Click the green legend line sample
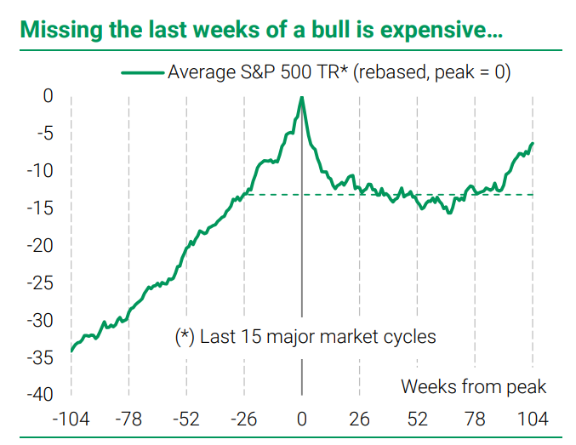click(x=142, y=73)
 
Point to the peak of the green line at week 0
click(x=302, y=98)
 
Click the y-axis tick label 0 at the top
click(x=48, y=96)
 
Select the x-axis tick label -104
click(x=71, y=419)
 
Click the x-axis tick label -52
click(x=186, y=419)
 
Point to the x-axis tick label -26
click(x=244, y=419)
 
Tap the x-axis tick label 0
click(x=302, y=419)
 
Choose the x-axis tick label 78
click(x=476, y=419)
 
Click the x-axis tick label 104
click(x=533, y=419)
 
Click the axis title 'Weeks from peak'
click(x=474, y=386)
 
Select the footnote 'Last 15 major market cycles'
click(x=317, y=336)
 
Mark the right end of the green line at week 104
click(x=533, y=144)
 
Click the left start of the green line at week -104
click(x=71, y=350)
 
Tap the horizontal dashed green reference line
click(x=425, y=195)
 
